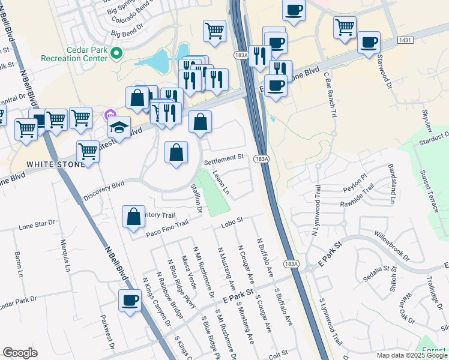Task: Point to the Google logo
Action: click(20, 353)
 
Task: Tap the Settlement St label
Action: click(223, 160)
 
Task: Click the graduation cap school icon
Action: click(119, 128)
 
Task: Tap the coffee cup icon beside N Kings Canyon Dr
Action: click(129, 301)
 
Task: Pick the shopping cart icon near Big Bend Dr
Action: click(214, 31)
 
